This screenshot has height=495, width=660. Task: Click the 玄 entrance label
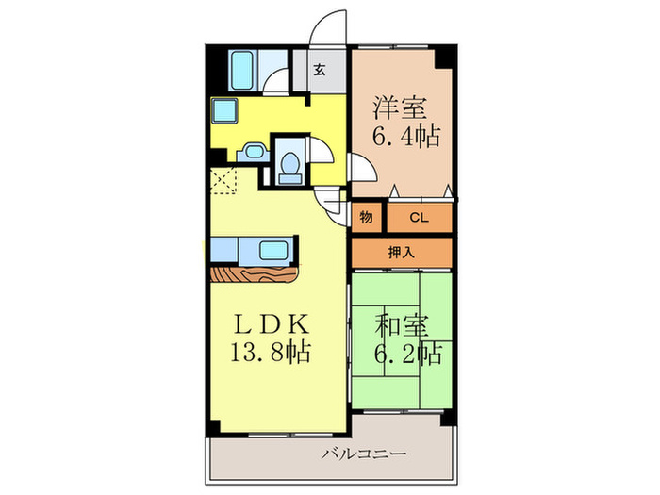320,69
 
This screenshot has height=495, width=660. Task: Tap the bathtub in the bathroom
246,68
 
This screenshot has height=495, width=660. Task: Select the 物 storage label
366,219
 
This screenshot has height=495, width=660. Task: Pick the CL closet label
419,219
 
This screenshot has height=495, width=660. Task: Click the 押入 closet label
401,253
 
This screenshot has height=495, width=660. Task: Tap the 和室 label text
403,327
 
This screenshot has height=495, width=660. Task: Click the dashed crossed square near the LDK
224,180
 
